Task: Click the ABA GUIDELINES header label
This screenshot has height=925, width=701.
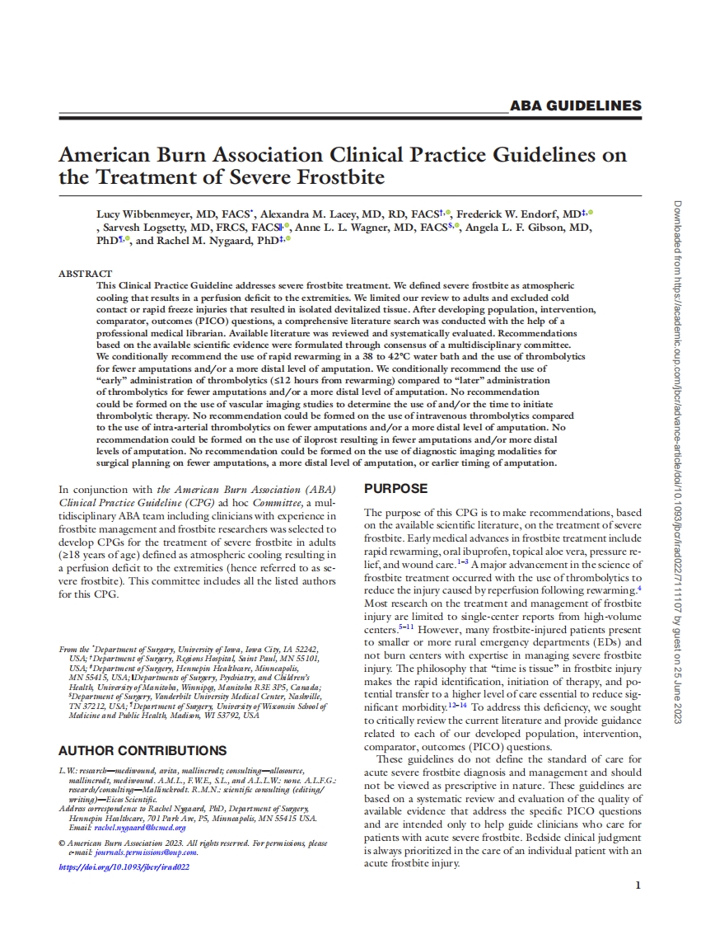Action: [576, 106]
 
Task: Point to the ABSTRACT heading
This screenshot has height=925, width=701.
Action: [85, 273]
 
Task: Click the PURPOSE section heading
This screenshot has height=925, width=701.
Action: [395, 489]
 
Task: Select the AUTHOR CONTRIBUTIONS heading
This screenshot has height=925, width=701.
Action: [143, 750]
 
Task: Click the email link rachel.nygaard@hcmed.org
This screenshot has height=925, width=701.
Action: [139, 827]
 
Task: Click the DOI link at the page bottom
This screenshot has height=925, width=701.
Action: [124, 866]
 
